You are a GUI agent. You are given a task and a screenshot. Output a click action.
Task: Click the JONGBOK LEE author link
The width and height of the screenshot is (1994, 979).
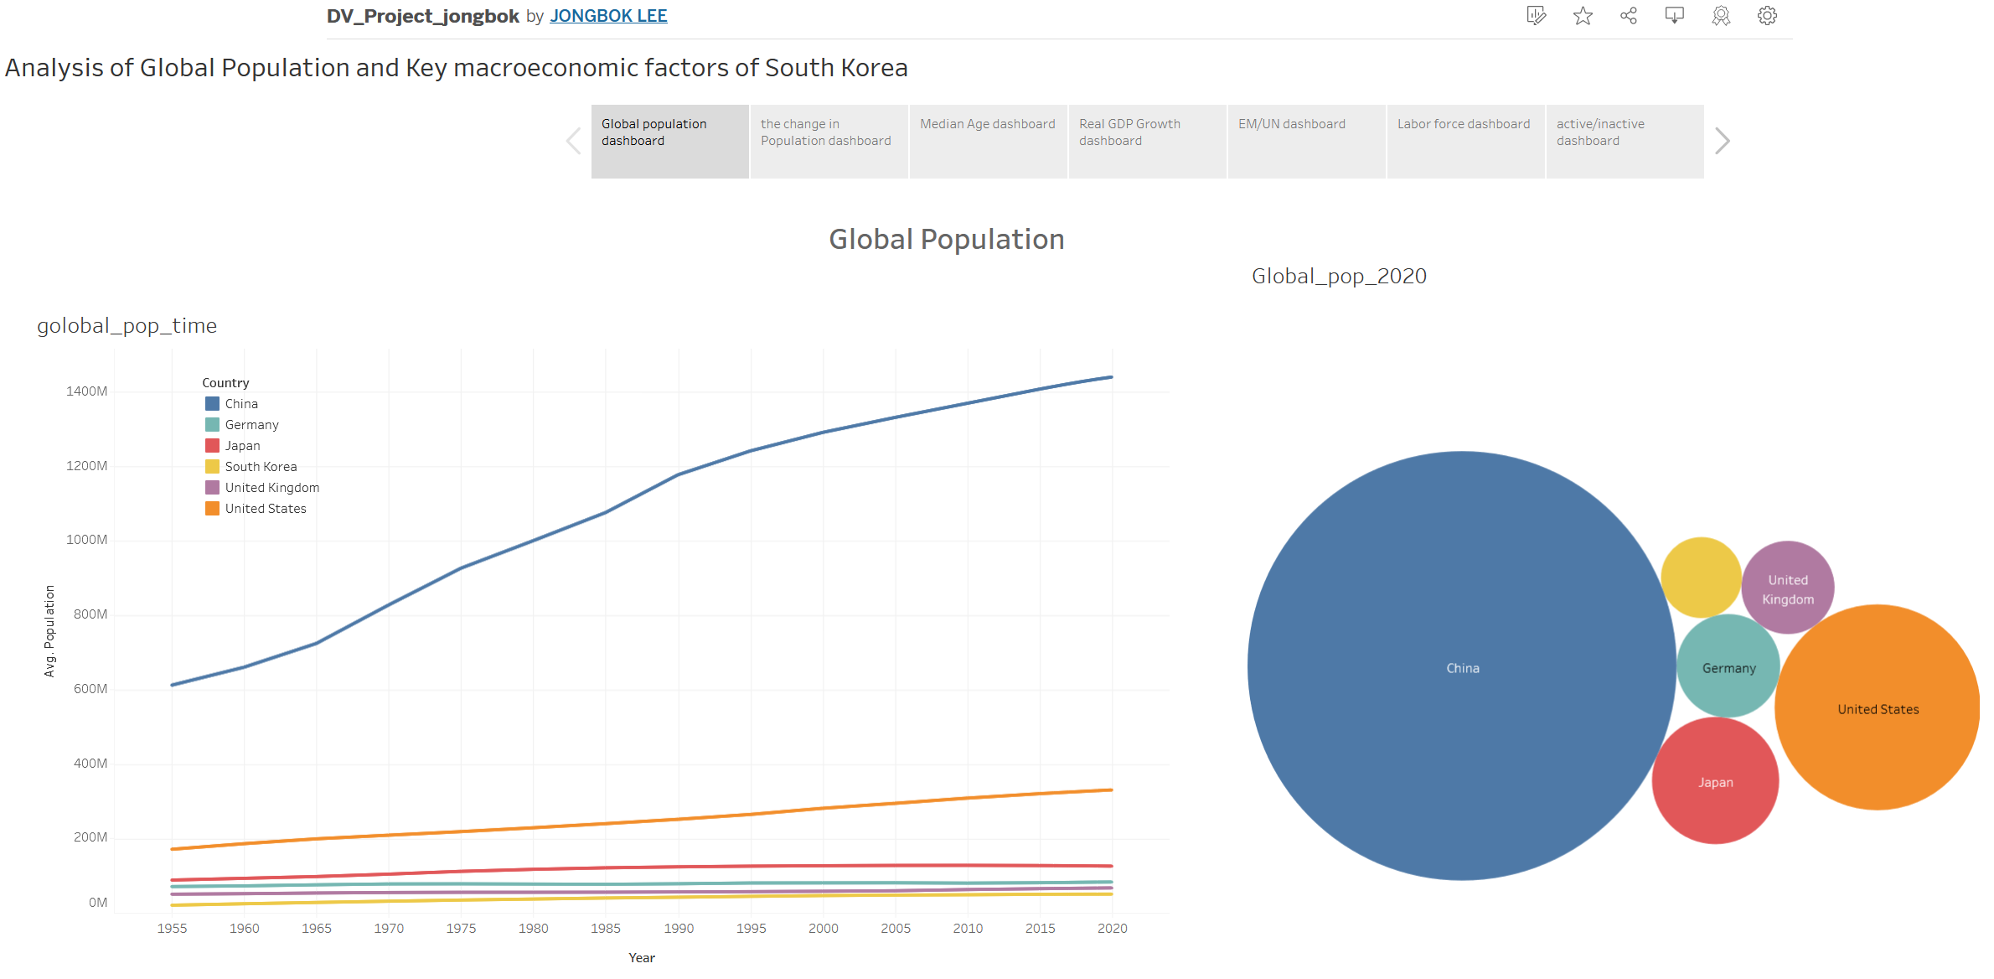[608, 16]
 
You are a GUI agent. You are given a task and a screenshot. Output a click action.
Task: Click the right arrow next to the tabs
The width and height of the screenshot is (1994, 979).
[1722, 141]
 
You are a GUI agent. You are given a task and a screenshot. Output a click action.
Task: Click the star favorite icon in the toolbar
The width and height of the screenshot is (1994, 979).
[1583, 16]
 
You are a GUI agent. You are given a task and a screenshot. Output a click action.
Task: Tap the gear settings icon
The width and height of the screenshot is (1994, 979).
[1767, 16]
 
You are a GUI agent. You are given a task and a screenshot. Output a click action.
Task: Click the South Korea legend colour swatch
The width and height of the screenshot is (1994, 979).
[213, 467]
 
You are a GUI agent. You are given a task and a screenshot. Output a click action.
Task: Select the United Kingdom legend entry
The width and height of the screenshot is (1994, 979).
[271, 488]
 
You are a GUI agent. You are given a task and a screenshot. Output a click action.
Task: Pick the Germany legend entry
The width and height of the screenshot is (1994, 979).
[251, 425]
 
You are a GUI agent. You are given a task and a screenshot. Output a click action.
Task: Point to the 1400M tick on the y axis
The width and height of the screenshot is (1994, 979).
[87, 391]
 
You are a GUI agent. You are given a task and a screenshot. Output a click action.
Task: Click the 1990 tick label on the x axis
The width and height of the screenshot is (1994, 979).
[679, 928]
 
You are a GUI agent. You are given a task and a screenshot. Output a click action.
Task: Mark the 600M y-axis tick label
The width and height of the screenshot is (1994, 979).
[90, 689]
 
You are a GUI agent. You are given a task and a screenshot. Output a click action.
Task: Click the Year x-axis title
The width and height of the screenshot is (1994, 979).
[642, 957]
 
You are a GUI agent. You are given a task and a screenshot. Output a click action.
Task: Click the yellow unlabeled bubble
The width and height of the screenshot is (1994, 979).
[1701, 578]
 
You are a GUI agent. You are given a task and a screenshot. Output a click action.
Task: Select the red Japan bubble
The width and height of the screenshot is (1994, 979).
[1715, 781]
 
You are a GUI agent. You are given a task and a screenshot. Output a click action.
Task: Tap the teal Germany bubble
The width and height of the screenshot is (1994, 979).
[1728, 666]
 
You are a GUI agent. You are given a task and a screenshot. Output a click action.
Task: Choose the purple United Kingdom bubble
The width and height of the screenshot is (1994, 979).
[1788, 588]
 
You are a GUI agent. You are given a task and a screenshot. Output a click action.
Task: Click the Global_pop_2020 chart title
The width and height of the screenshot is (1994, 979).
[1339, 276]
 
